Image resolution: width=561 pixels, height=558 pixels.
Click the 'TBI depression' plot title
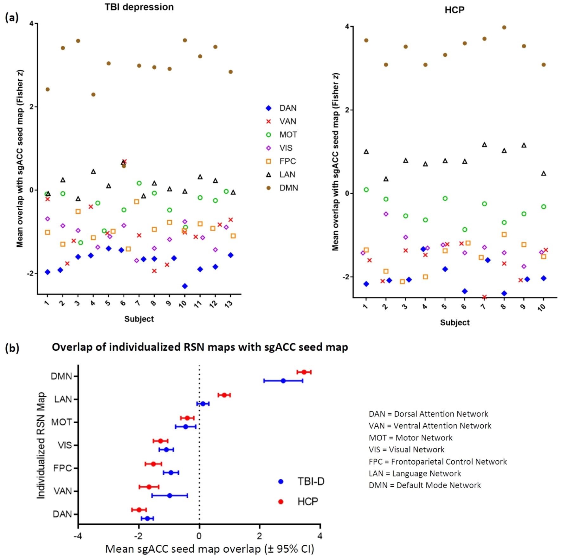pyautogui.click(x=139, y=7)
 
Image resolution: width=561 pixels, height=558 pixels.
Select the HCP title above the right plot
pyautogui.click(x=454, y=10)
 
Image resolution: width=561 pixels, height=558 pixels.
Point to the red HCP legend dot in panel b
pyautogui.click(x=280, y=502)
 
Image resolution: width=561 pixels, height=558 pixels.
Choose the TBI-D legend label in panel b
pyautogui.click(x=311, y=481)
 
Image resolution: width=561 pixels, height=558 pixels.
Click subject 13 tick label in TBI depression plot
pyautogui.click(x=229, y=303)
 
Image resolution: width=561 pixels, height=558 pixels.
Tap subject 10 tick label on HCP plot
pyautogui.click(x=542, y=307)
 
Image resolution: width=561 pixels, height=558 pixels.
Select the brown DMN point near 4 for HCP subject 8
pyautogui.click(x=504, y=28)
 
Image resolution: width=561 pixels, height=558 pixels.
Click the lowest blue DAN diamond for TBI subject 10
pyautogui.click(x=185, y=286)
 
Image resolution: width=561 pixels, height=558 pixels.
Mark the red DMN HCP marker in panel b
pyautogui.click(x=304, y=372)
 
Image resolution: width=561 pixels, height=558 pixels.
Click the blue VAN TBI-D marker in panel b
pyautogui.click(x=170, y=495)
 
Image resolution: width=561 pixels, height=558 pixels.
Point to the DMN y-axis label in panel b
pyautogui.click(x=61, y=376)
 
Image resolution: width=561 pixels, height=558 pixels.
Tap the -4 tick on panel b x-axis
pyautogui.click(x=78, y=536)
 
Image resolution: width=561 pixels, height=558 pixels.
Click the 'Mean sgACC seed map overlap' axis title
pyautogui.click(x=209, y=549)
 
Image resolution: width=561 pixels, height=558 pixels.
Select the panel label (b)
pyautogui.click(x=12, y=348)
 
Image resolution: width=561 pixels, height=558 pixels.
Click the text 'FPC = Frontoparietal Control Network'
pyautogui.click(x=437, y=462)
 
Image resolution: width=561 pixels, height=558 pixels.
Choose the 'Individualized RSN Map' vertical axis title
pyautogui.click(x=41, y=445)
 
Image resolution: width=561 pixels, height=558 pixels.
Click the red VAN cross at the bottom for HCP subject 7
pyautogui.click(x=484, y=297)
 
